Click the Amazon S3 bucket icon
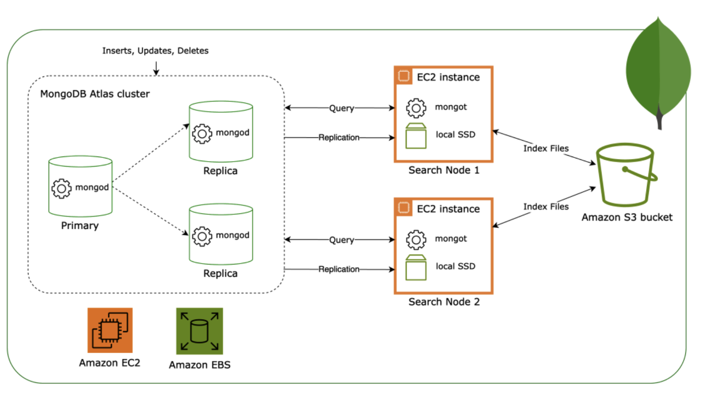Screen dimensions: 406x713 626,175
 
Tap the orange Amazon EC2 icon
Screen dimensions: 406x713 110,330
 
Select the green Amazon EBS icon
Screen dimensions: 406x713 200,331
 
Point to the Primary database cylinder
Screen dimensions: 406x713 80,187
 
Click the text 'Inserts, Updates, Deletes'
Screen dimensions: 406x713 156,51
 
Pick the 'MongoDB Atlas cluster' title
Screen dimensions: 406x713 95,94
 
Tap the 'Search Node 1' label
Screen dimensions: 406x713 444,170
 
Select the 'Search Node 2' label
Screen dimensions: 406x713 444,302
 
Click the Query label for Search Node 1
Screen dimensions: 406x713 341,108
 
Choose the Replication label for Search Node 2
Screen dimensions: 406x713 339,269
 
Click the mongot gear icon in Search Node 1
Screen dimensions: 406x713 416,108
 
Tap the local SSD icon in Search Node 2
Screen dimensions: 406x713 416,268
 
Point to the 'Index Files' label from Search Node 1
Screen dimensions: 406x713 546,148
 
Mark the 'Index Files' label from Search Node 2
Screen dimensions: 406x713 546,207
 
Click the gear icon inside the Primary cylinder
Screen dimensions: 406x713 61,188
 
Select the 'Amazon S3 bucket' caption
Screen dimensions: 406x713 627,218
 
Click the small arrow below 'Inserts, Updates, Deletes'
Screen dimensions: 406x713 156,68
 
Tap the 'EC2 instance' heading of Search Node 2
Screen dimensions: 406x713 448,209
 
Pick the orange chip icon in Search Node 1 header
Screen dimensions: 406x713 404,76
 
